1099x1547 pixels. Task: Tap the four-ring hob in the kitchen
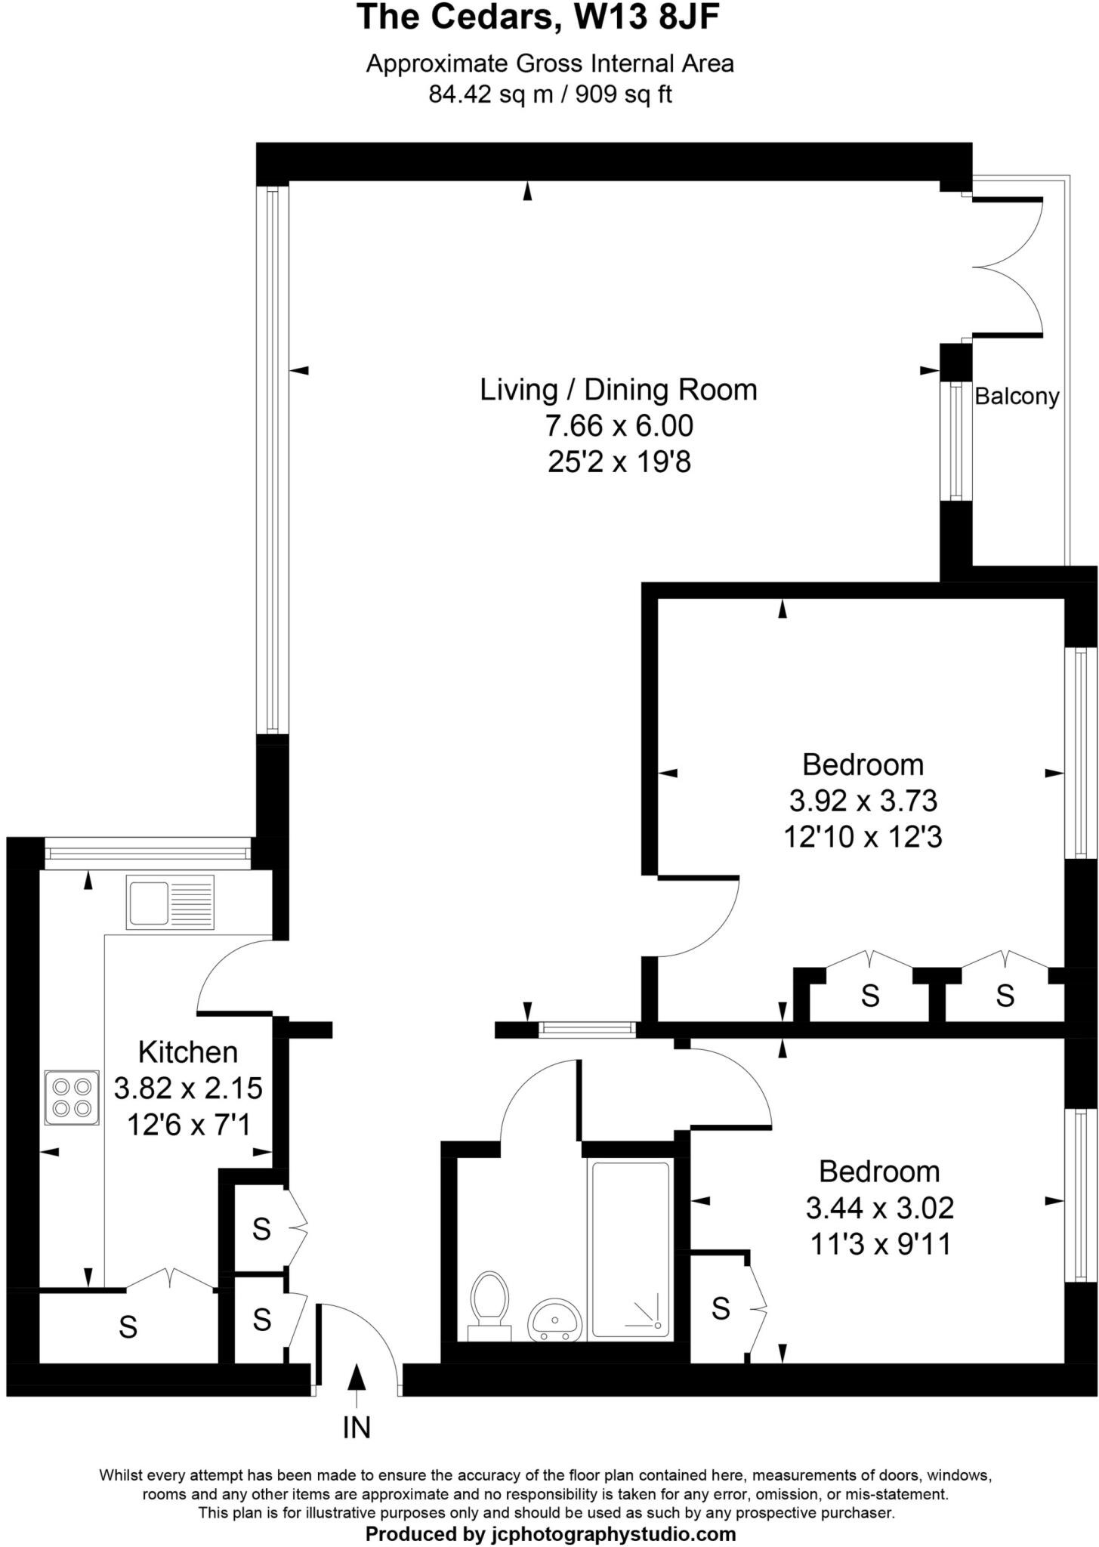[x=72, y=1098]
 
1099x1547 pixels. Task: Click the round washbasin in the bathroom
[x=556, y=1320]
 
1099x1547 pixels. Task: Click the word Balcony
[x=1017, y=396]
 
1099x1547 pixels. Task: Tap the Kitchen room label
[x=187, y=1052]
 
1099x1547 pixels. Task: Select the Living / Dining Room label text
[x=619, y=390]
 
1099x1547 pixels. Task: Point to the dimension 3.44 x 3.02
[x=880, y=1208]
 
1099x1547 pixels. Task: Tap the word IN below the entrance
[x=357, y=1427]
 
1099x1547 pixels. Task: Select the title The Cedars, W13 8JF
[x=538, y=17]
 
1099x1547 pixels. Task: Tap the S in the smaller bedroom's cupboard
[x=721, y=1308]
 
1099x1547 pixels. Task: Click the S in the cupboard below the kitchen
[x=128, y=1327]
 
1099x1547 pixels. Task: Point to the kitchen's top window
[x=148, y=854]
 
